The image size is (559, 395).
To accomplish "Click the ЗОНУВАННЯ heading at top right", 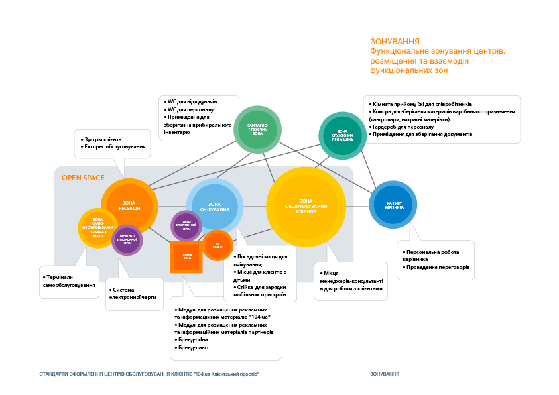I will coord(395,41).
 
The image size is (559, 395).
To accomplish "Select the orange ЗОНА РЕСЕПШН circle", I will coord(130,206).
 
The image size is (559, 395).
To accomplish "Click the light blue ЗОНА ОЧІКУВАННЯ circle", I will coord(214,207).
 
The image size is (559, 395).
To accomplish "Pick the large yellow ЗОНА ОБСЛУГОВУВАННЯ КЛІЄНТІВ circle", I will coord(306,205).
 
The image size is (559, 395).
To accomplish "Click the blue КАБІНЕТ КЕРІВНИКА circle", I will coord(393,205).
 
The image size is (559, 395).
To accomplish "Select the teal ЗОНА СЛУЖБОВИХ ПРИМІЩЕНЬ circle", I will coord(342,135).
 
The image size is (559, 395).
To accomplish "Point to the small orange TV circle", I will coord(217,246).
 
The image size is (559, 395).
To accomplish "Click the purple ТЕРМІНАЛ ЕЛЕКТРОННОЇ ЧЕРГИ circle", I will coord(127,239).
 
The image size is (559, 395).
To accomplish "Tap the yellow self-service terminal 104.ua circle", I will coord(97,227).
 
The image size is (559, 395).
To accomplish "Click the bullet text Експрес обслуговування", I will coord(115,146).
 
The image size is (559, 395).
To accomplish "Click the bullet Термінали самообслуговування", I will coord(69,281).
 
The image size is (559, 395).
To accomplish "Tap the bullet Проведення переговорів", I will coord(437,268).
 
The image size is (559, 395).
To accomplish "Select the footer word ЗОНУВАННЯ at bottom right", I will coord(385,374).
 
